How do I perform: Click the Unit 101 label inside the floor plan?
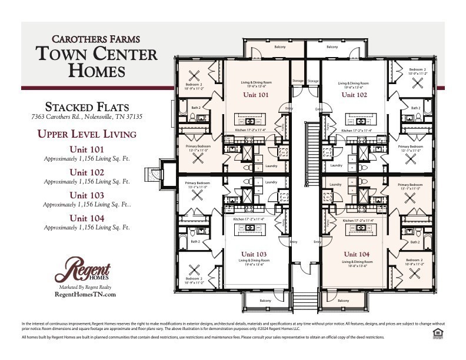tap(255, 94)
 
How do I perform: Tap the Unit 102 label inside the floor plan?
tap(354, 94)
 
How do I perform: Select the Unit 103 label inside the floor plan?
tap(254, 254)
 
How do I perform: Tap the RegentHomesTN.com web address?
tap(85, 294)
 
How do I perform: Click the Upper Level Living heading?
tap(86, 134)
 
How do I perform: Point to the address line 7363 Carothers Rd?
tap(86, 117)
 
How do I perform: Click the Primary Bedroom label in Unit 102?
tap(410, 146)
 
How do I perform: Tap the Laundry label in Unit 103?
tap(271, 182)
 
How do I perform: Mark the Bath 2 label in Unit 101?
tap(195, 108)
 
